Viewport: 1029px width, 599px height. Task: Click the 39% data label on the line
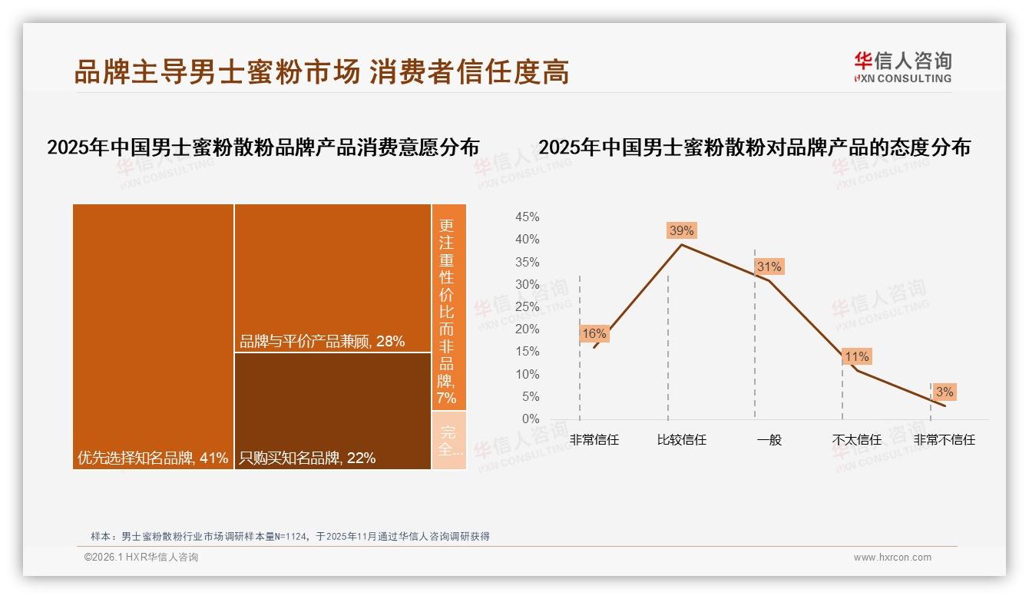(681, 230)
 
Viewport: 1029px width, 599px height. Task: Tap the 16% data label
(594, 333)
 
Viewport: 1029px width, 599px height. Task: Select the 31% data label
(769, 266)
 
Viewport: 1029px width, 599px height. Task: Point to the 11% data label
(856, 356)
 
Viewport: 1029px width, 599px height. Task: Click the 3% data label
(945, 392)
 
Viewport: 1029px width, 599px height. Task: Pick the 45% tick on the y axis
(527, 217)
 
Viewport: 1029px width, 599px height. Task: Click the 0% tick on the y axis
(531, 419)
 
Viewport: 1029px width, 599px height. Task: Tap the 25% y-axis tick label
(527, 307)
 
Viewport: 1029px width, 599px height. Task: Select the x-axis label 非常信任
(594, 440)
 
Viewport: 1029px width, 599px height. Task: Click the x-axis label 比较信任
(682, 440)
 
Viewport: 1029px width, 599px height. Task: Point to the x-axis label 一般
(769, 440)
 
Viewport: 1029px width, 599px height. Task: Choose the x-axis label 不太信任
(857, 440)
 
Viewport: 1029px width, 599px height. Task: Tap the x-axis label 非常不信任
(945, 440)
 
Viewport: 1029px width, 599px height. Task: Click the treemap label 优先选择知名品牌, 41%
(153, 458)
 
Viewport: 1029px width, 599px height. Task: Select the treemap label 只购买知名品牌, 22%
(307, 458)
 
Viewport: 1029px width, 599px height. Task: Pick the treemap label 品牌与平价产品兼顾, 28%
(322, 342)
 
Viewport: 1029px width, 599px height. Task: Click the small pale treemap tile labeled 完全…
(448, 440)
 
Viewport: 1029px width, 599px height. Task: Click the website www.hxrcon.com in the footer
(892, 558)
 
